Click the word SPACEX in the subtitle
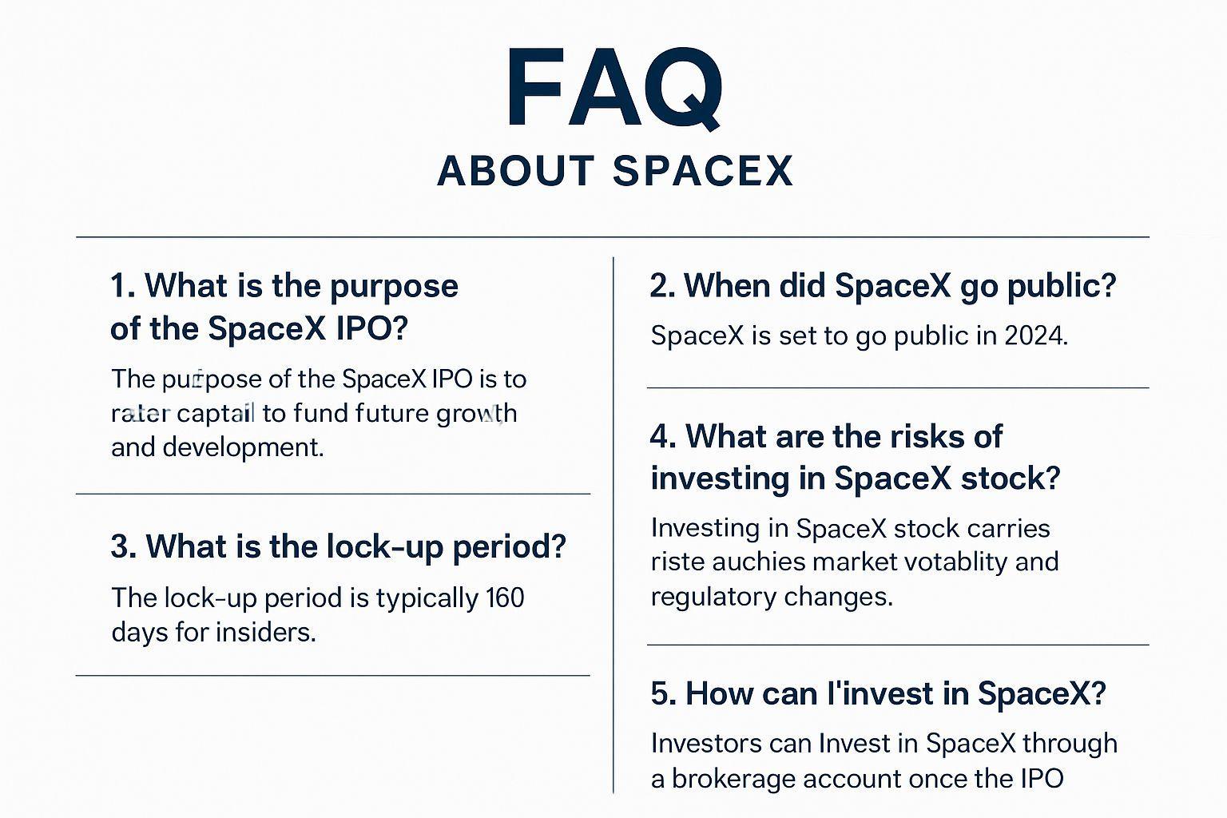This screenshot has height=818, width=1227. (x=703, y=171)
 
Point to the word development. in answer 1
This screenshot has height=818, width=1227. (x=243, y=447)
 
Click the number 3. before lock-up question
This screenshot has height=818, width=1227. (x=123, y=547)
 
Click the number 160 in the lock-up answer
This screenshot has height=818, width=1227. (x=505, y=598)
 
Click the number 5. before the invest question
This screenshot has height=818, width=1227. (x=663, y=693)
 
